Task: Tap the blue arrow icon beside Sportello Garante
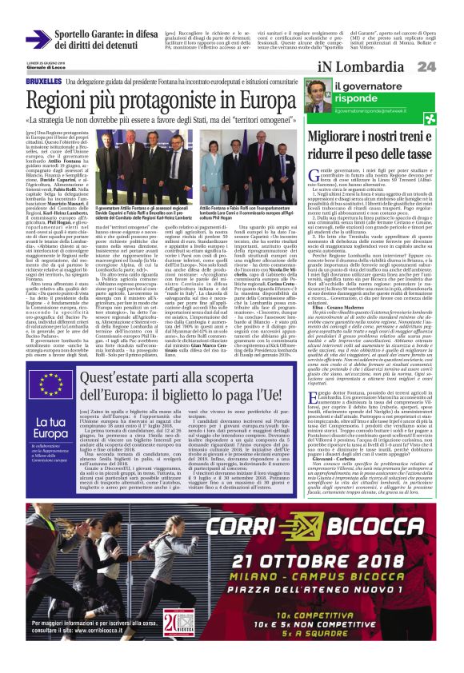click(38, 38)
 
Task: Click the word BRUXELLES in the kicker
click(45, 82)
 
